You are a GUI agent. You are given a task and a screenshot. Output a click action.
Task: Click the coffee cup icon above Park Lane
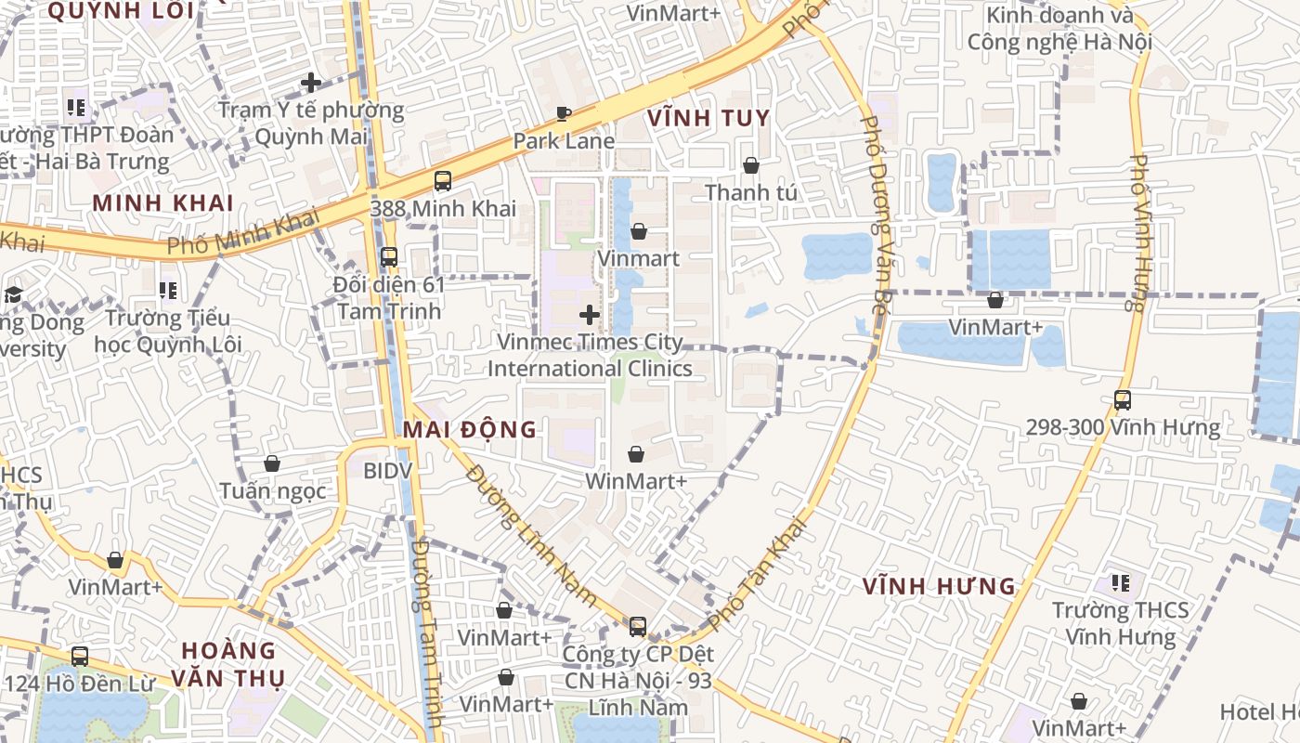point(563,114)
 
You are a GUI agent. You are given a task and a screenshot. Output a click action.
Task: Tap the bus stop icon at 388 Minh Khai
point(443,181)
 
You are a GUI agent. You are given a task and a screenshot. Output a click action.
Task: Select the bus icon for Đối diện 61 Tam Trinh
point(389,257)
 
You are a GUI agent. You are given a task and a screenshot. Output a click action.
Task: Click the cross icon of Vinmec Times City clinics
point(590,315)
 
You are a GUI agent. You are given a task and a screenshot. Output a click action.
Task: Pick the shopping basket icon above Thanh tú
point(750,165)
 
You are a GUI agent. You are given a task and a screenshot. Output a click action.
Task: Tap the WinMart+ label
point(636,481)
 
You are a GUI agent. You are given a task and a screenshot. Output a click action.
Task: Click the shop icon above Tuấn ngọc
point(272,463)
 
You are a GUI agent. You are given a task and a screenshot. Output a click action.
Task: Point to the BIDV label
point(386,471)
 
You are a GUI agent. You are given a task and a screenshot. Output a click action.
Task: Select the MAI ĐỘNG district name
point(470,429)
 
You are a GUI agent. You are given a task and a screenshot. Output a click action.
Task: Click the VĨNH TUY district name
point(708,118)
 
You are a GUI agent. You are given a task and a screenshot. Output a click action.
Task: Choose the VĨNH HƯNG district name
point(939,587)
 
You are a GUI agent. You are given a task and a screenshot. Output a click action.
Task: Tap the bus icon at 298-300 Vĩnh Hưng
point(1123,400)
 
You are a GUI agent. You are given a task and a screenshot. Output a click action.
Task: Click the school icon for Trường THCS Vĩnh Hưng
point(1121,583)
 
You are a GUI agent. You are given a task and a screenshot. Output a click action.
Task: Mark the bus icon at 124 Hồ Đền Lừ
point(80,657)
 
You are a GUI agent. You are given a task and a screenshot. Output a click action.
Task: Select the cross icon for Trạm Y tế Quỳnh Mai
point(311,83)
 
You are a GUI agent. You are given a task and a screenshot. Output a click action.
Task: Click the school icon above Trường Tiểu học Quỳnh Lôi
point(168,292)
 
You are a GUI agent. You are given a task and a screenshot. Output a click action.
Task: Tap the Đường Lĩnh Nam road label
point(531,536)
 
